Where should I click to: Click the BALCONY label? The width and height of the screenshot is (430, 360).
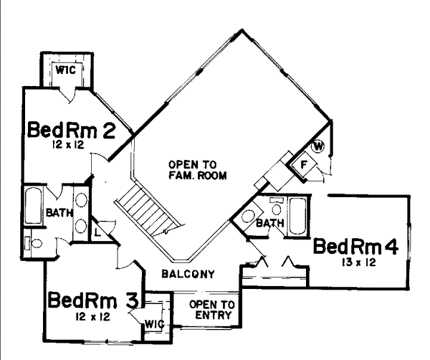pyautogui.click(x=188, y=273)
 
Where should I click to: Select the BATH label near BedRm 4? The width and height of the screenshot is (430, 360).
pyautogui.click(x=270, y=224)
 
